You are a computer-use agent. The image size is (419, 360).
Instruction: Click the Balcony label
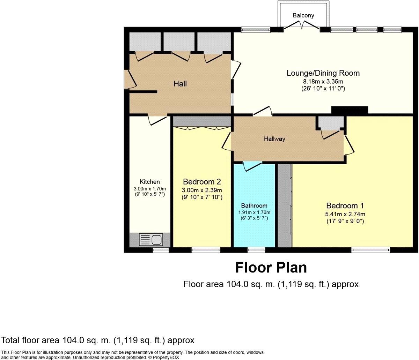coord(303,15)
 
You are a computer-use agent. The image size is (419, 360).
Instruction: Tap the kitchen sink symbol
coord(150,240)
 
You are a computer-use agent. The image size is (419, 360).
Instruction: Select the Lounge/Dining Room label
coord(323,73)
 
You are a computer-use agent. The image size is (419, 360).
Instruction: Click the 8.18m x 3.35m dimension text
coord(323,81)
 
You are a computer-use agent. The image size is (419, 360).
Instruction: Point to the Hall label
coord(180,84)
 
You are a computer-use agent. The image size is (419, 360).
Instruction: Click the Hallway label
coord(274,139)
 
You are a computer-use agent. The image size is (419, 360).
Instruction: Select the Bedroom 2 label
coord(202,182)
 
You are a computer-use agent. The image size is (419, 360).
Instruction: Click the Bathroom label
coord(254,206)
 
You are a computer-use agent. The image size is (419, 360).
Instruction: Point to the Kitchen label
coord(150,182)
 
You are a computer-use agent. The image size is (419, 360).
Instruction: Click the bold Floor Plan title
coord(271,268)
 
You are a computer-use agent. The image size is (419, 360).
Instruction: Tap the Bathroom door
coord(252,166)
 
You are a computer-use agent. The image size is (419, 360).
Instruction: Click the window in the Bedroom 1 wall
coord(370,249)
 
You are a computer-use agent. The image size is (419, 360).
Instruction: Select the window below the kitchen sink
coord(161,250)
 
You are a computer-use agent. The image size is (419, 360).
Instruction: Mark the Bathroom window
coord(256,249)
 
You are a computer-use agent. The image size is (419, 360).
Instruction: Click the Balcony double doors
coord(302,25)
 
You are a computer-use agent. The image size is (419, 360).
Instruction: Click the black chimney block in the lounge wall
coord(350,110)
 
